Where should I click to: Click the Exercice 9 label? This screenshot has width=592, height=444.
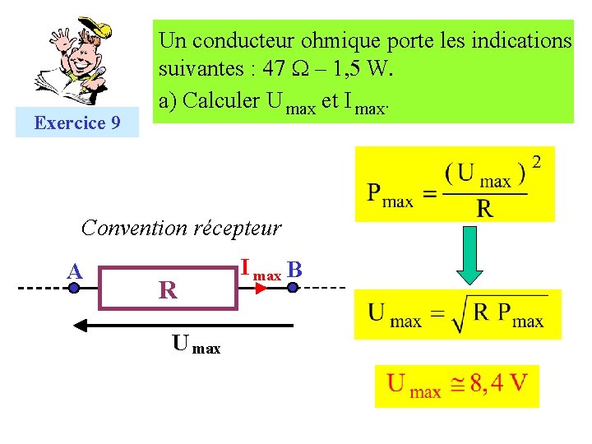pyautogui.click(x=76, y=123)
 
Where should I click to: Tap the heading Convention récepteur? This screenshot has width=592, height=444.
pyautogui.click(x=182, y=228)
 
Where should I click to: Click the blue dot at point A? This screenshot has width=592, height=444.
pyautogui.click(x=75, y=289)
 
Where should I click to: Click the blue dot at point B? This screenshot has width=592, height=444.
pyautogui.click(x=290, y=289)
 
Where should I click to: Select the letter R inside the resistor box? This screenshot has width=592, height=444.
pyautogui.click(x=168, y=290)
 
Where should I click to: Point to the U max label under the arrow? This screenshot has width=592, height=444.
pyautogui.click(x=196, y=345)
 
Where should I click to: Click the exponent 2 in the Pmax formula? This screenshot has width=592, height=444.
pyautogui.click(x=537, y=163)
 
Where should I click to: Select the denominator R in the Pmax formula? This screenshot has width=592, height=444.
pyautogui.click(x=485, y=208)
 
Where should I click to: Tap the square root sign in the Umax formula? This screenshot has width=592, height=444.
pyautogui.click(x=460, y=312)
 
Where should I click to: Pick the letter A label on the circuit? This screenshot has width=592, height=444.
pyautogui.click(x=75, y=271)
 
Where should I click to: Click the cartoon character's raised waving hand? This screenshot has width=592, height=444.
pyautogui.click(x=62, y=39)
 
